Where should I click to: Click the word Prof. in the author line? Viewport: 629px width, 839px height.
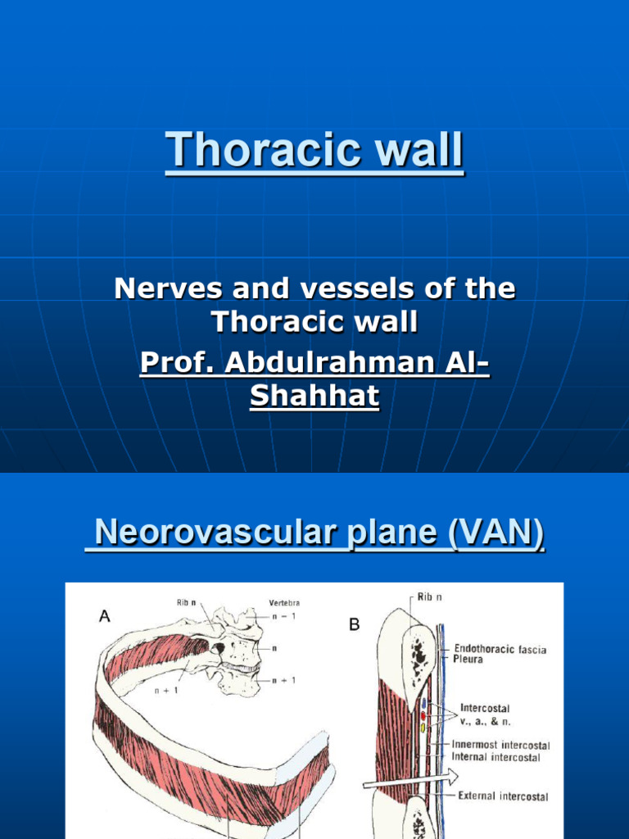point(172,363)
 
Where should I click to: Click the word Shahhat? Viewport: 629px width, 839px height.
point(314,397)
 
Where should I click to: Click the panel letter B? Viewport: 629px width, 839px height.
point(355,625)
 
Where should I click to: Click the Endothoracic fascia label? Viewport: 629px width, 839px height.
point(501,649)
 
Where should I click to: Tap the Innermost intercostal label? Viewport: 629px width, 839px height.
point(501,746)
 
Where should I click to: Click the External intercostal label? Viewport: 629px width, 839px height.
point(503,796)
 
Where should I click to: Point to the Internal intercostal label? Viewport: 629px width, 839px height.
point(496,757)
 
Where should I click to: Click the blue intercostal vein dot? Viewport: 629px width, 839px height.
point(423,703)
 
